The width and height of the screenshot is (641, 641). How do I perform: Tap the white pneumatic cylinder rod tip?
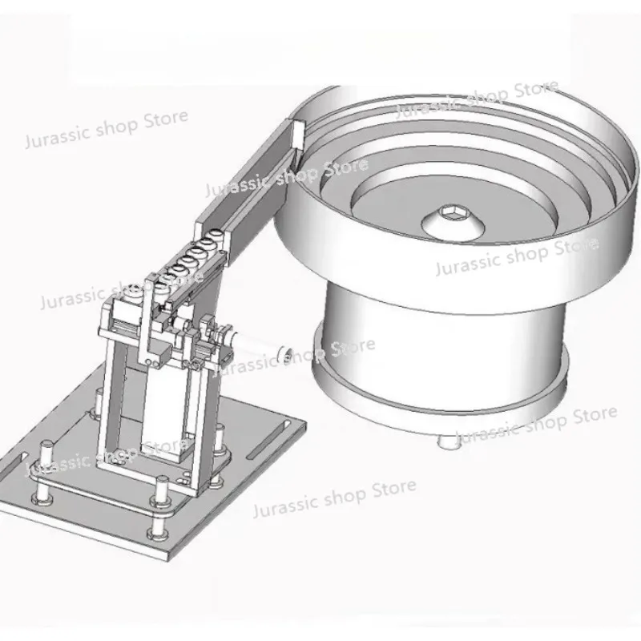point(281,352)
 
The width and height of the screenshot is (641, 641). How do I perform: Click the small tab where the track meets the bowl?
point(297,133)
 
